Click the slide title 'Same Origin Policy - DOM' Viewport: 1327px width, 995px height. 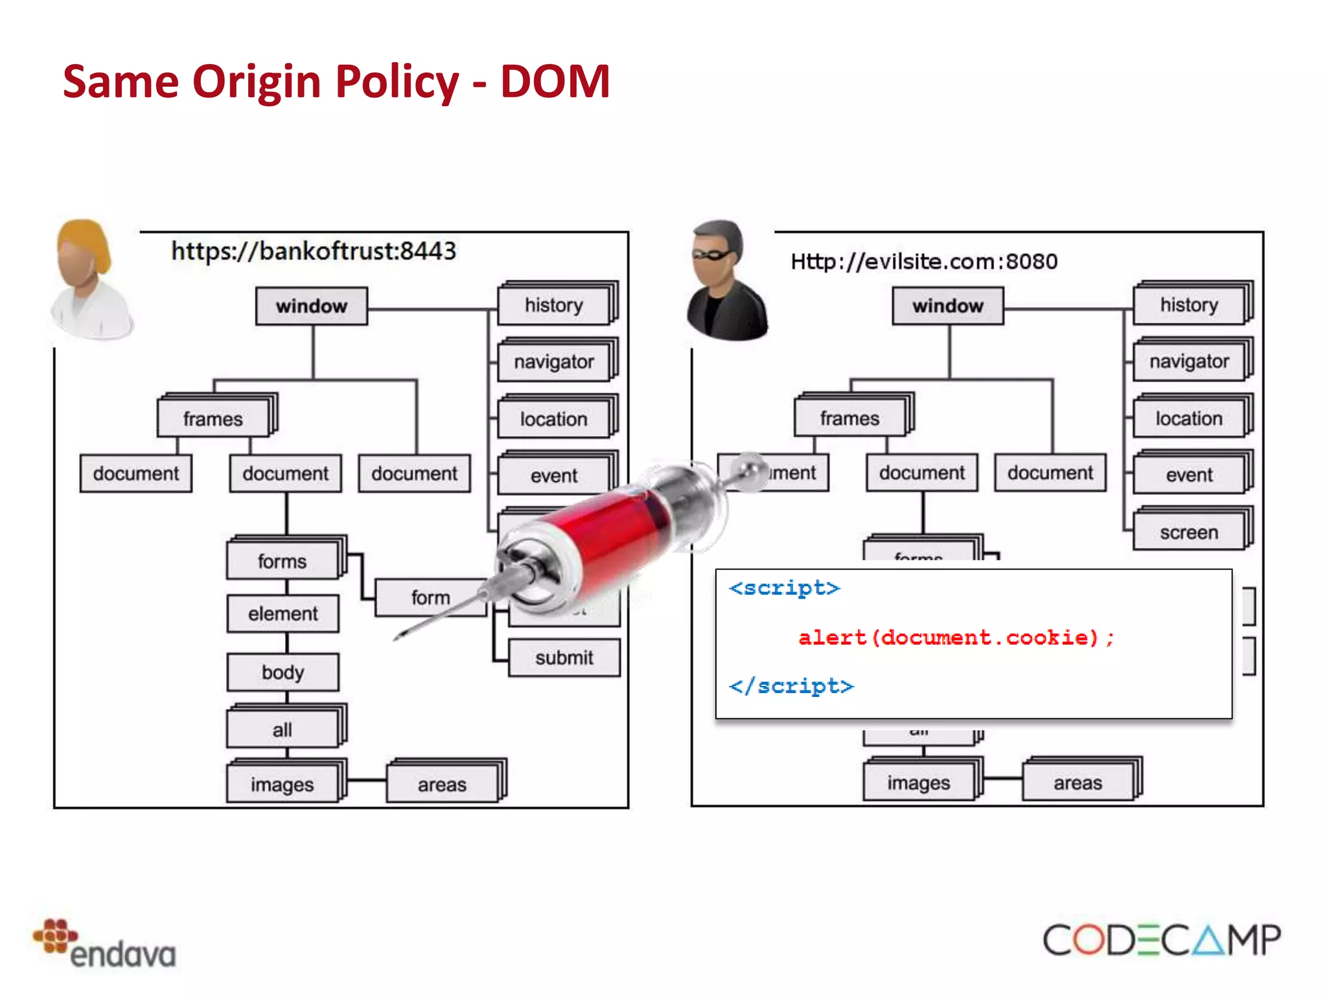coord(336,82)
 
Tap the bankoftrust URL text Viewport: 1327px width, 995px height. coord(314,251)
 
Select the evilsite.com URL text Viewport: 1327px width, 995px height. coord(924,262)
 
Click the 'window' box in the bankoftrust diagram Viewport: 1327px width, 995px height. coord(312,306)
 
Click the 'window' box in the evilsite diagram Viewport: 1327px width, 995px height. coord(948,306)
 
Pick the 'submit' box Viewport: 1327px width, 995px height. coord(564,658)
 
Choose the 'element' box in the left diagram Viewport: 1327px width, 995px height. coord(283,613)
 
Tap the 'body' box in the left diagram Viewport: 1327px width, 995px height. coord(283,672)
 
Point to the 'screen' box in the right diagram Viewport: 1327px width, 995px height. coord(1189,532)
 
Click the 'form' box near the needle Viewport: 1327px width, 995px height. coord(430,597)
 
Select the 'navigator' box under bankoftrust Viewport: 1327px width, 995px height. coord(554,362)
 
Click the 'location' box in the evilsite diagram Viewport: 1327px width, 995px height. coord(1189,418)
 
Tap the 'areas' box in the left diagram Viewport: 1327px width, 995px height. coord(442,785)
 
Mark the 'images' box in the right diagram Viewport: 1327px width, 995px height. coord(919,783)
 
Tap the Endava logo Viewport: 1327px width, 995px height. coord(104,944)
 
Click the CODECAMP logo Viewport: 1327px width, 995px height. coord(1161,940)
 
